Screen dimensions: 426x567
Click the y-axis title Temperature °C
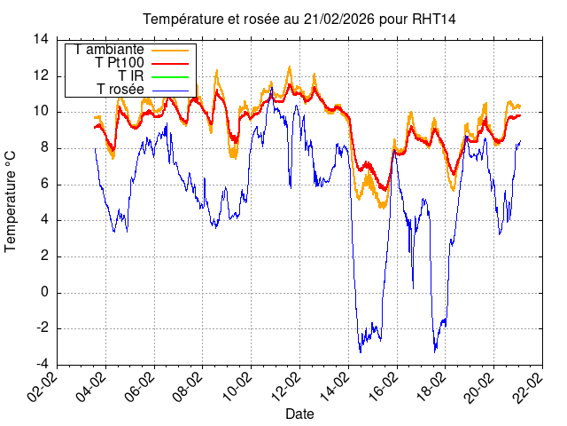click(12, 201)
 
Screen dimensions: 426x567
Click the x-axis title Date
click(299, 414)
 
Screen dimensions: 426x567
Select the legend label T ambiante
click(111, 50)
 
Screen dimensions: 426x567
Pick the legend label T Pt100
click(119, 63)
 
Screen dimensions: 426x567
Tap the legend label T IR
click(131, 76)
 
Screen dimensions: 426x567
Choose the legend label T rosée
click(120, 90)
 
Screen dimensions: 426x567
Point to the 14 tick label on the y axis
click(41, 39)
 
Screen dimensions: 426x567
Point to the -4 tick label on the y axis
click(41, 365)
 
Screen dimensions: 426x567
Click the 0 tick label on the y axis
click(44, 293)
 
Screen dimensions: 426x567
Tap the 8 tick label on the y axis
click(44, 148)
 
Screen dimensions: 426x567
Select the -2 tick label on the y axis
click(41, 328)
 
